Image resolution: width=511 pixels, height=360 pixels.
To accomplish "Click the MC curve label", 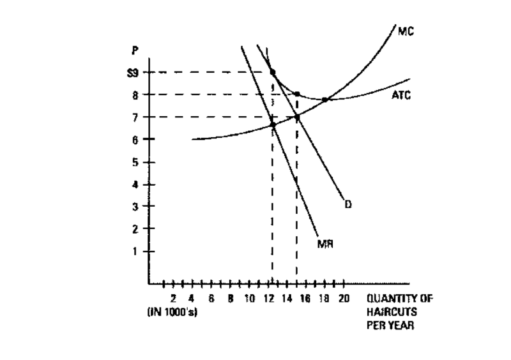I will click(406, 30).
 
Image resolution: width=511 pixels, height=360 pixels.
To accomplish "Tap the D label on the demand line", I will click(348, 204).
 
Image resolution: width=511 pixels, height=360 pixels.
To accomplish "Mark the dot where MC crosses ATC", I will click(324, 100).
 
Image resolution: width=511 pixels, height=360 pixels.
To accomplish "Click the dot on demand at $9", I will click(273, 72).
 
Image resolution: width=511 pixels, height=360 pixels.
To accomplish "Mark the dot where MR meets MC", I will click(273, 124).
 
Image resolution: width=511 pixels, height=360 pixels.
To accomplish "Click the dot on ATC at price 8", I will click(297, 94).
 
